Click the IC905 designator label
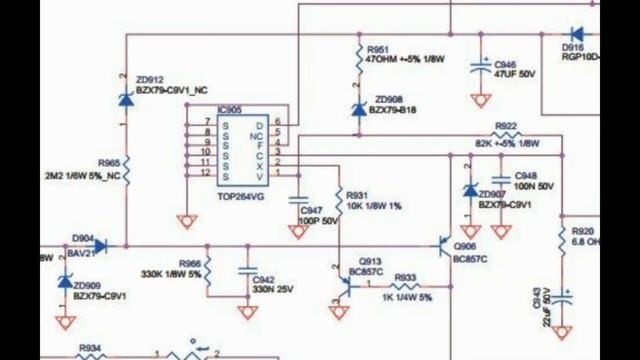[x=229, y=109]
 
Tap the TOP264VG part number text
[x=241, y=197]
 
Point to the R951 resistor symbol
[x=357, y=59]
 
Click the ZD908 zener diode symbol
[x=357, y=109]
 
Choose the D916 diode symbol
[x=577, y=35]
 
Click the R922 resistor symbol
[x=505, y=136]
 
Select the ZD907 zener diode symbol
[x=468, y=190]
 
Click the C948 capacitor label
[x=526, y=174]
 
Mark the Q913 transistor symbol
[x=342, y=284]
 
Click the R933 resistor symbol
[x=405, y=287]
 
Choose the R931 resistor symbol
[x=337, y=199]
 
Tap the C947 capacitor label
[x=312, y=210]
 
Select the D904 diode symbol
[x=99, y=244]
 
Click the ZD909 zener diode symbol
[x=66, y=281]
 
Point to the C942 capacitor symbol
[x=246, y=270]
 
